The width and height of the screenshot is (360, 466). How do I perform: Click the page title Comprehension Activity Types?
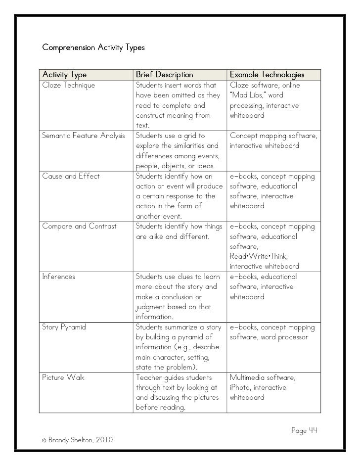(x=93, y=48)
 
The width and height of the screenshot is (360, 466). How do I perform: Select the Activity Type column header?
(x=64, y=75)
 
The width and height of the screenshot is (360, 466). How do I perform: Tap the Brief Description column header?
(x=165, y=75)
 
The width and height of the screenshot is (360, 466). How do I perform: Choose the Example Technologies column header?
(x=267, y=75)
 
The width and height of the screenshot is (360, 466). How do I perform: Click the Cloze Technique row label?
(x=69, y=85)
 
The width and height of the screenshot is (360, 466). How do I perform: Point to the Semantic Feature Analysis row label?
(x=84, y=136)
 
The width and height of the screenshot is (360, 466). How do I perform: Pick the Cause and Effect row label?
(x=71, y=176)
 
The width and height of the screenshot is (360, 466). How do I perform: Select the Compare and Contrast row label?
(x=80, y=227)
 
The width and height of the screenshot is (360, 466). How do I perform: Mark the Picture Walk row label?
(x=63, y=377)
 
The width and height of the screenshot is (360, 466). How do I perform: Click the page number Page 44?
(x=304, y=431)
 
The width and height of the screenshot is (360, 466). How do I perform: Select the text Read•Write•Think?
(x=259, y=256)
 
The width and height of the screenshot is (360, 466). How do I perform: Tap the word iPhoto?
(x=242, y=388)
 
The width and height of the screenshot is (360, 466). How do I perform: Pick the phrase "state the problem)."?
(x=166, y=367)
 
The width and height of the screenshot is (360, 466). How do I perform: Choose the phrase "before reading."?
(x=161, y=408)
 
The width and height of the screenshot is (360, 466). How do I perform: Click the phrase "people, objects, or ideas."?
(x=174, y=166)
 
